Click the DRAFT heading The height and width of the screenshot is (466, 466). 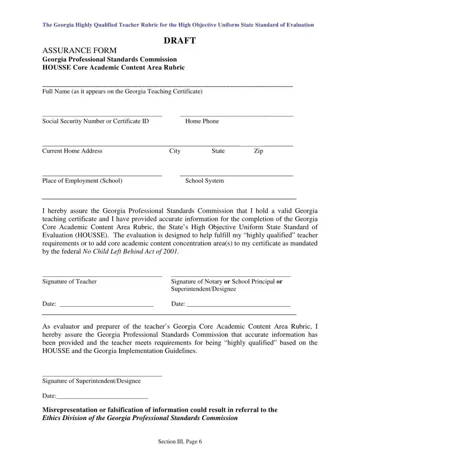pyautogui.click(x=180, y=41)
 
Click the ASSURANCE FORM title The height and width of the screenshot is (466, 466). pyautogui.click(x=79, y=50)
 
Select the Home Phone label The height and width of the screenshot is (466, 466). pyautogui.click(x=202, y=121)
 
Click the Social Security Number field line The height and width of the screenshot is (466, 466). pyautogui.click(x=102, y=116)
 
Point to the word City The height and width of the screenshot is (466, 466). pyautogui.click(x=175, y=151)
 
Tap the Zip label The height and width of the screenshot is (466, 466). pyautogui.click(x=259, y=151)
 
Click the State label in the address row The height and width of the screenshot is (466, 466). pyautogui.click(x=218, y=151)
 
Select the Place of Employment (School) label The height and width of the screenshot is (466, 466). pyautogui.click(x=82, y=180)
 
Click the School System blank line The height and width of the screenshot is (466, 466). pyautogui.click(x=237, y=176)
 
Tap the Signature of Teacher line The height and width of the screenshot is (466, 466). pyautogui.click(x=102, y=276)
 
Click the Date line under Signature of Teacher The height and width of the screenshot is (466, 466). pyautogui.click(x=106, y=305)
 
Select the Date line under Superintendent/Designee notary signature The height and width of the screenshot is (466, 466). pyautogui.click(x=238, y=305)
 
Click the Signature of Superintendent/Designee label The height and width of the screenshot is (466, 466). pyautogui.click(x=91, y=381)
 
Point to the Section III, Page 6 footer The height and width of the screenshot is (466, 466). pyautogui.click(x=180, y=442)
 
